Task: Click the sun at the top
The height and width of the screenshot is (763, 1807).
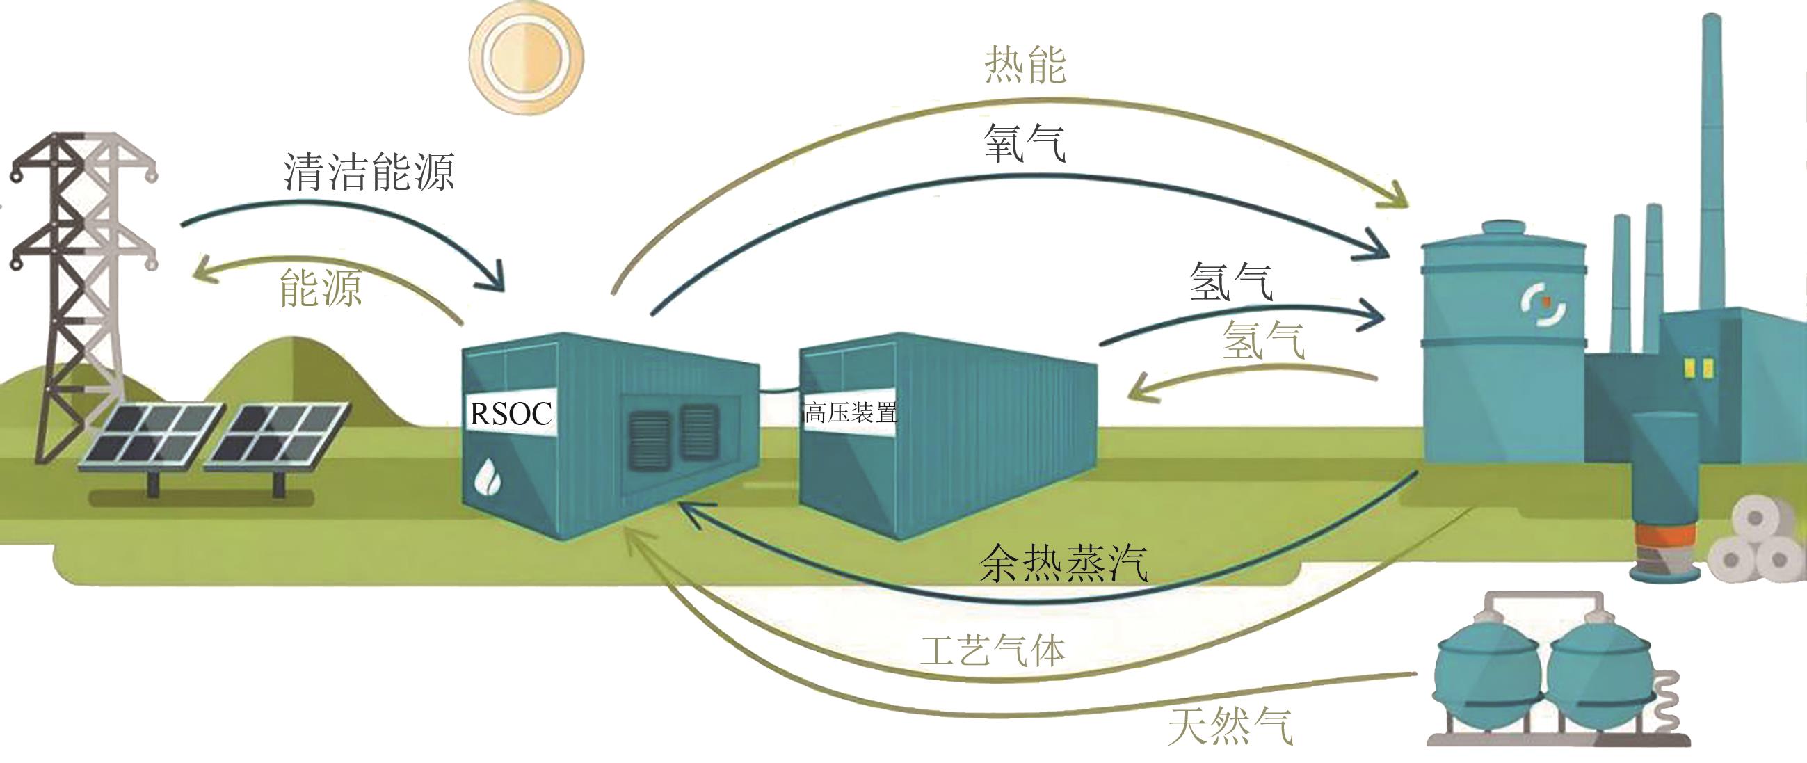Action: click(526, 56)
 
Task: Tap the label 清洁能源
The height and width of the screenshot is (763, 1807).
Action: click(369, 171)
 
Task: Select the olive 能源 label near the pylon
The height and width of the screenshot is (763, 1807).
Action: click(321, 287)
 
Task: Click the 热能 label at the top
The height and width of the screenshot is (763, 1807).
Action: click(1025, 65)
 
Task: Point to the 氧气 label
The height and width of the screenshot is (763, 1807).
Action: click(1025, 143)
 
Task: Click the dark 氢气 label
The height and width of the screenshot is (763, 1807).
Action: click(1231, 282)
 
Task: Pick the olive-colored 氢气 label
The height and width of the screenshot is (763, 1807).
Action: click(1263, 341)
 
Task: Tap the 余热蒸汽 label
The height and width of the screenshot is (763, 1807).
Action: click(1063, 563)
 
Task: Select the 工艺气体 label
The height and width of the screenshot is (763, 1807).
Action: click(993, 651)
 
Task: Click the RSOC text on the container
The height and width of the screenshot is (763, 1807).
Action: click(511, 414)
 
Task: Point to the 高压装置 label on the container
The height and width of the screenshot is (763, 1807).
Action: click(850, 412)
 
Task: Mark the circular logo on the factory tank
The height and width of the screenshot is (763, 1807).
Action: click(1543, 305)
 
